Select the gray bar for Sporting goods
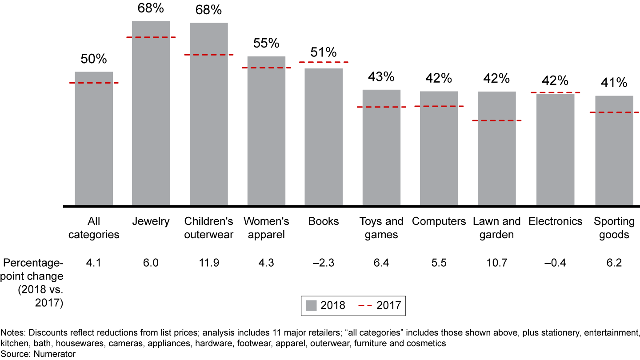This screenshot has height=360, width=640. [614, 151]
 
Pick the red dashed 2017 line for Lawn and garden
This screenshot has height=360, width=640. [496, 120]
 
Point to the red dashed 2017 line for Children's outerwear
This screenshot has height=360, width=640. [209, 55]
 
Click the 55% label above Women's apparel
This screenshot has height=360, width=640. [266, 44]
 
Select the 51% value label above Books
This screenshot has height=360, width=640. [324, 52]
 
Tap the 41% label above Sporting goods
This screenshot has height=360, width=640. [614, 83]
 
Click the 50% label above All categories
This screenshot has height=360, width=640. [94, 59]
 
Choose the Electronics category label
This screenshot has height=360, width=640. [555, 221]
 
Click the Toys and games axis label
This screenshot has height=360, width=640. [381, 228]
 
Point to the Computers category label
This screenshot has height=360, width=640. [439, 221]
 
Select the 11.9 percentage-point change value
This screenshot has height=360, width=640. [209, 263]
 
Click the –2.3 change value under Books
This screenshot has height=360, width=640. [324, 263]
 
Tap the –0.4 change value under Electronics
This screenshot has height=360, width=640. [555, 263]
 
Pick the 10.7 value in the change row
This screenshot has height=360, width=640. [496, 263]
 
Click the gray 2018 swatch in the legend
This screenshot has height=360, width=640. [311, 305]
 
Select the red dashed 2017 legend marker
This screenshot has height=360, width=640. [365, 305]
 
